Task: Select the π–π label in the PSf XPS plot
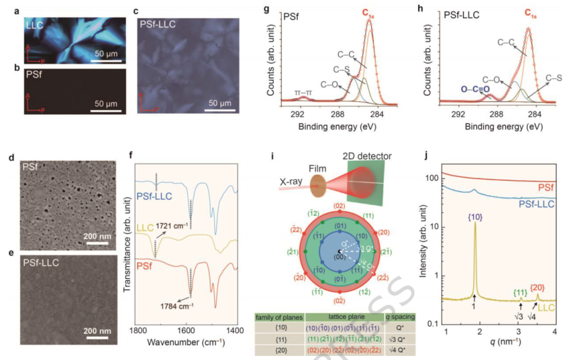click(x=302, y=93)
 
